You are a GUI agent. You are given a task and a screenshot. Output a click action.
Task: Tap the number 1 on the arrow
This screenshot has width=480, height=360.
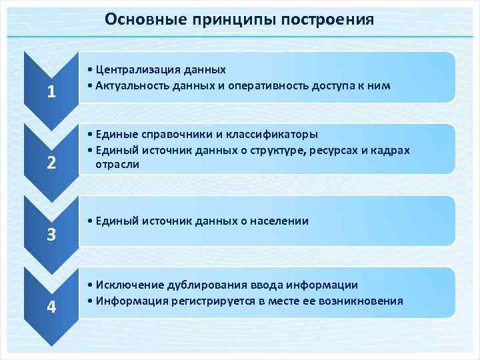[x=51, y=92]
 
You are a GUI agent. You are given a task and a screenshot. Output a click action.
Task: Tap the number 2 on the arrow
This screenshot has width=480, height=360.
[x=51, y=163]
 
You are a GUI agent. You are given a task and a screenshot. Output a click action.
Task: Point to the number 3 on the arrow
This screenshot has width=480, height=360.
[x=51, y=235]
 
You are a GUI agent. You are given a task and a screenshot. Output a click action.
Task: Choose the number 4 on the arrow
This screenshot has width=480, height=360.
[x=51, y=307]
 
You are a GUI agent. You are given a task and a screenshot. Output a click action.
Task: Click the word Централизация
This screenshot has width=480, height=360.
[x=135, y=69]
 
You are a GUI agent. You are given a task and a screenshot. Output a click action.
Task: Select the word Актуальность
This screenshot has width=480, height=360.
[x=131, y=85]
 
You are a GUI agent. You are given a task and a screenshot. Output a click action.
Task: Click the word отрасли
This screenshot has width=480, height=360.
[x=117, y=165]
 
